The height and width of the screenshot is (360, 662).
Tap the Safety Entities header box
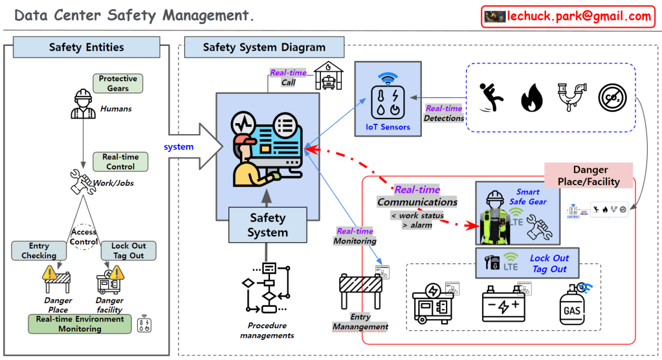(86, 47)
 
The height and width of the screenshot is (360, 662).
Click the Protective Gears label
(118, 84)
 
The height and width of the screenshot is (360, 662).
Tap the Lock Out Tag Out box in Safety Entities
(128, 251)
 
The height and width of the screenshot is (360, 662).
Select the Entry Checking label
(39, 251)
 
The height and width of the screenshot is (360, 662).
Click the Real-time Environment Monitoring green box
(80, 324)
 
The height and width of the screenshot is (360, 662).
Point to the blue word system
(179, 147)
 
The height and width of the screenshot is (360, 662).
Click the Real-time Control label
(120, 162)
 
